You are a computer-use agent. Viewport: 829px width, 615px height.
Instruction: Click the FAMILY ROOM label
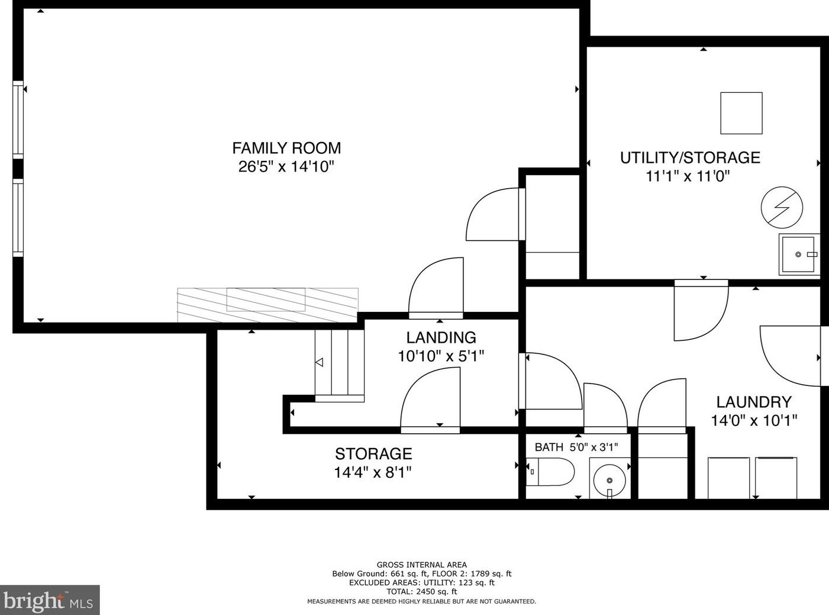pos(286,148)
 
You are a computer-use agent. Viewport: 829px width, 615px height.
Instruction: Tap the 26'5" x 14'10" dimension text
pos(286,166)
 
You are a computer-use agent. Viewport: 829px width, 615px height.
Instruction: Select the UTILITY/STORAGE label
pos(690,157)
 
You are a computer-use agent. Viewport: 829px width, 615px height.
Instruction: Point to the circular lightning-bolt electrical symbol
pos(782,208)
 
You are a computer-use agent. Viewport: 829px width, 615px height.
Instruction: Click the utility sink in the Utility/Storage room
pos(799,255)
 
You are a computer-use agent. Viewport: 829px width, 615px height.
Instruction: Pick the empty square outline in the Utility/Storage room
pos(741,113)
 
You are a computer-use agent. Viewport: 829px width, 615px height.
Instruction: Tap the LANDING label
pos(441,337)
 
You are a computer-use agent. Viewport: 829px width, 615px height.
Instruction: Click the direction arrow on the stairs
pos(319,362)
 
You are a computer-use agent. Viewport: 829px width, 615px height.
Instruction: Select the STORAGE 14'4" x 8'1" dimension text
pos(373,473)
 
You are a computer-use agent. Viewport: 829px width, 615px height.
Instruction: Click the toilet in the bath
pos(550,472)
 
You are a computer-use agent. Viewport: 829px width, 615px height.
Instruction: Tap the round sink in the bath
pos(609,480)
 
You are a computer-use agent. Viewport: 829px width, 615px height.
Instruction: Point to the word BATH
pos(549,447)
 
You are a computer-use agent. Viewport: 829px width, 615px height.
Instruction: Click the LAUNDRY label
pos(754,403)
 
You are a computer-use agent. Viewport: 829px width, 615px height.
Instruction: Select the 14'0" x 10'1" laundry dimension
pos(754,421)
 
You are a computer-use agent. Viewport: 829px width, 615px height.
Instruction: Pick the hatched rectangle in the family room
pos(267,305)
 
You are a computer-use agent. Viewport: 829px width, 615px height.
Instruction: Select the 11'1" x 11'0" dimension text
pos(688,176)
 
